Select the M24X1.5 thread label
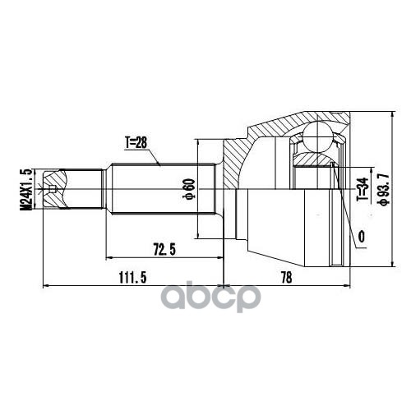pos(25,190)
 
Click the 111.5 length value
pos(128,279)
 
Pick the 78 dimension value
pos(285,279)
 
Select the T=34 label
pos(361,192)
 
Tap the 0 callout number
pos(361,238)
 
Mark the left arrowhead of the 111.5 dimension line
pos(46,286)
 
